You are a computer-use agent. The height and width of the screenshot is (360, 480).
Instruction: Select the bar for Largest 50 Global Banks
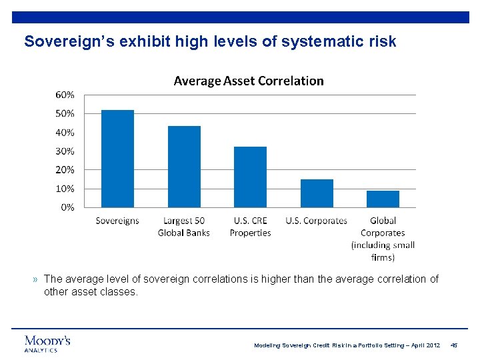184,167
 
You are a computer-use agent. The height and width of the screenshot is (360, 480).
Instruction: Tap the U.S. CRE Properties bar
250,177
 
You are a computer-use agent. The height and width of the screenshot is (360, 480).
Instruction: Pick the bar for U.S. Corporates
317,193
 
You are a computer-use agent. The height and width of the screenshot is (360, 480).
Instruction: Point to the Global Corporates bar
383,199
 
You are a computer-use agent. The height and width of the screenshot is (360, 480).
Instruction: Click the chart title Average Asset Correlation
249,81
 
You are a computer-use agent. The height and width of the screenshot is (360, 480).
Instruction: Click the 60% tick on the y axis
65,95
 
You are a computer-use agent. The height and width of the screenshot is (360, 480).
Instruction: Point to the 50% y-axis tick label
65,114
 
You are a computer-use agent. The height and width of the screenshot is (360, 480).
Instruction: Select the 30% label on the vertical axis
65,151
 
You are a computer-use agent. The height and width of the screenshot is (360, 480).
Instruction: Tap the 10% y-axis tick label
65,189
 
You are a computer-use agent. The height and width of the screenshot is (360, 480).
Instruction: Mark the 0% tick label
67,207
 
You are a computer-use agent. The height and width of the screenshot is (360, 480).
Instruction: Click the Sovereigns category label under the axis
117,221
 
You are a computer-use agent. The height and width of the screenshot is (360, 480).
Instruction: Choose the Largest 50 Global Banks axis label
184,227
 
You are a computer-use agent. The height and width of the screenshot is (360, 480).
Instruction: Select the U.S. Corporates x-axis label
317,221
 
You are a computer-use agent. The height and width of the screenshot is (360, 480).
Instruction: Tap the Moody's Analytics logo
47,343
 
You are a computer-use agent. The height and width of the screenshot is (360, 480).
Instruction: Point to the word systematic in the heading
322,42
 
